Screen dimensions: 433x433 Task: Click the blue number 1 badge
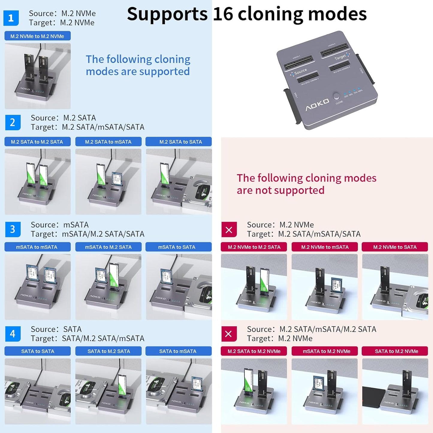pos(11,18)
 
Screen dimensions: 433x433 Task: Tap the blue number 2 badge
pos(13,122)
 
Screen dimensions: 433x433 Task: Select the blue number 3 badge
pos(13,229)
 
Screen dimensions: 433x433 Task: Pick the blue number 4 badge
pos(13,334)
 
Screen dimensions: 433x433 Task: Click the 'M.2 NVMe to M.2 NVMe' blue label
pos(37,36)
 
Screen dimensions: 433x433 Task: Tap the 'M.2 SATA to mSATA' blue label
pos(108,142)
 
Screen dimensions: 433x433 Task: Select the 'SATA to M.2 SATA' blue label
pos(108,351)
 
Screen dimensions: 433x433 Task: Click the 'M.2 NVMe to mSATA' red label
pos(325,247)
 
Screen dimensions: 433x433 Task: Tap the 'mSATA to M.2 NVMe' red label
pos(325,351)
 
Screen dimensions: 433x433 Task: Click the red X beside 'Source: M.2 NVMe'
pos(229,230)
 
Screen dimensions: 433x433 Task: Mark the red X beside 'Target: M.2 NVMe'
pos(229,334)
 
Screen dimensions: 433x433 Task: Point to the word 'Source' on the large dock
pos(300,72)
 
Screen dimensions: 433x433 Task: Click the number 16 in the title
pos(223,14)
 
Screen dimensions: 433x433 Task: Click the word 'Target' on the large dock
pos(340,57)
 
